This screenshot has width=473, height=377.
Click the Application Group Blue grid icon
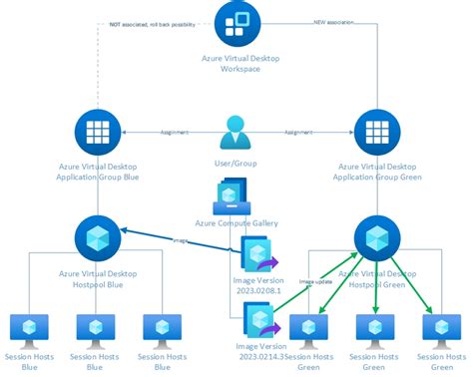[98, 132]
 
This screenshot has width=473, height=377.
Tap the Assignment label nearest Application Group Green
[301, 132]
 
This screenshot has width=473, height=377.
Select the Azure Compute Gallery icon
[236, 195]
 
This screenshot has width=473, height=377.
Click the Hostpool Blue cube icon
[98, 238]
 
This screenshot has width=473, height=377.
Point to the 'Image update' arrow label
[314, 282]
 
